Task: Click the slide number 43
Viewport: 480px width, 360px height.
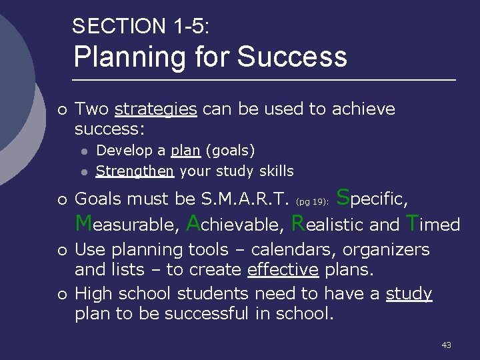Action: (446, 345)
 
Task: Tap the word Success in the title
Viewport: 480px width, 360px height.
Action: (292, 57)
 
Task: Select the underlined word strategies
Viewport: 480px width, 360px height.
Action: (156, 109)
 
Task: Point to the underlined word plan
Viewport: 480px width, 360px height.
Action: (185, 151)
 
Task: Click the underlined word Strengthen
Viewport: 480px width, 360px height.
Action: (135, 171)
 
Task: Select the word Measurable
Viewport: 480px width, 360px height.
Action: (127, 224)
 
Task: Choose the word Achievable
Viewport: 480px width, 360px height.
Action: (236, 224)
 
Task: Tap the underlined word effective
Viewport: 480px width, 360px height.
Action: (283, 270)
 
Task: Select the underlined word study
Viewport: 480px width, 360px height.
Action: (409, 294)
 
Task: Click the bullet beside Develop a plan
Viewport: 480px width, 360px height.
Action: (84, 151)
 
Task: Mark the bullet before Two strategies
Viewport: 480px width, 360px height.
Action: (61, 109)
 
